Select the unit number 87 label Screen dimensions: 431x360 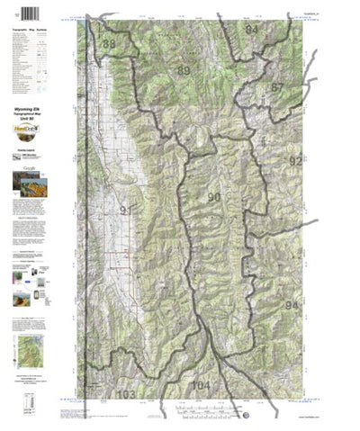click(276, 87)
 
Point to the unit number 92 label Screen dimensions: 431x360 click(295, 161)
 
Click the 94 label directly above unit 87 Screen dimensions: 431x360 click(251, 31)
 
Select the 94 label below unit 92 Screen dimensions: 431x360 click(291, 306)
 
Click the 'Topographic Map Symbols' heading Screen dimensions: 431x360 click(31, 31)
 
